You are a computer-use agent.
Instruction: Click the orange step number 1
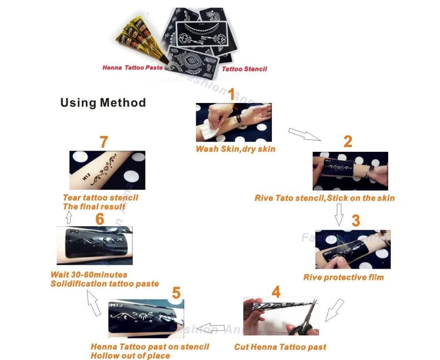point(231,94)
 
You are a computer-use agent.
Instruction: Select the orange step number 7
point(103,142)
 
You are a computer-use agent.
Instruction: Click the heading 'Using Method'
point(103,103)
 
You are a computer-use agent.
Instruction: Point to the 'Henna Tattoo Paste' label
point(132,68)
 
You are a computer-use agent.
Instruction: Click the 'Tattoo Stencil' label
point(244,69)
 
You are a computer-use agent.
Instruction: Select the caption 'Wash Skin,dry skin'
point(235,149)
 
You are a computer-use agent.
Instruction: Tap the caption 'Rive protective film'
point(343,277)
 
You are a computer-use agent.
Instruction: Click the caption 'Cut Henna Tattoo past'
point(280,347)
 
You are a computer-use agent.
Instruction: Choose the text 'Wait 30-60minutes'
point(89,275)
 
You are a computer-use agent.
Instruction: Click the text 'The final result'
point(94,206)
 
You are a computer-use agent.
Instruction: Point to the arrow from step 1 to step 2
point(304,134)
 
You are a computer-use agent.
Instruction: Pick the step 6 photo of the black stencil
point(95,246)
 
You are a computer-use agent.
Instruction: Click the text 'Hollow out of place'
point(130,356)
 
